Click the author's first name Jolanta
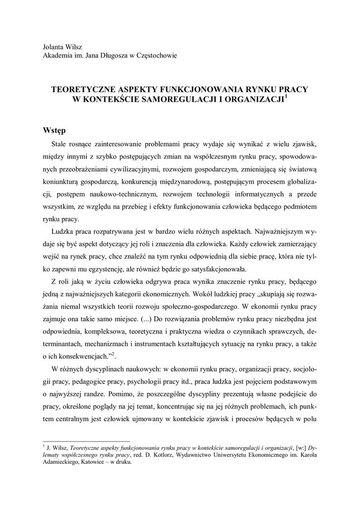55,47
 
